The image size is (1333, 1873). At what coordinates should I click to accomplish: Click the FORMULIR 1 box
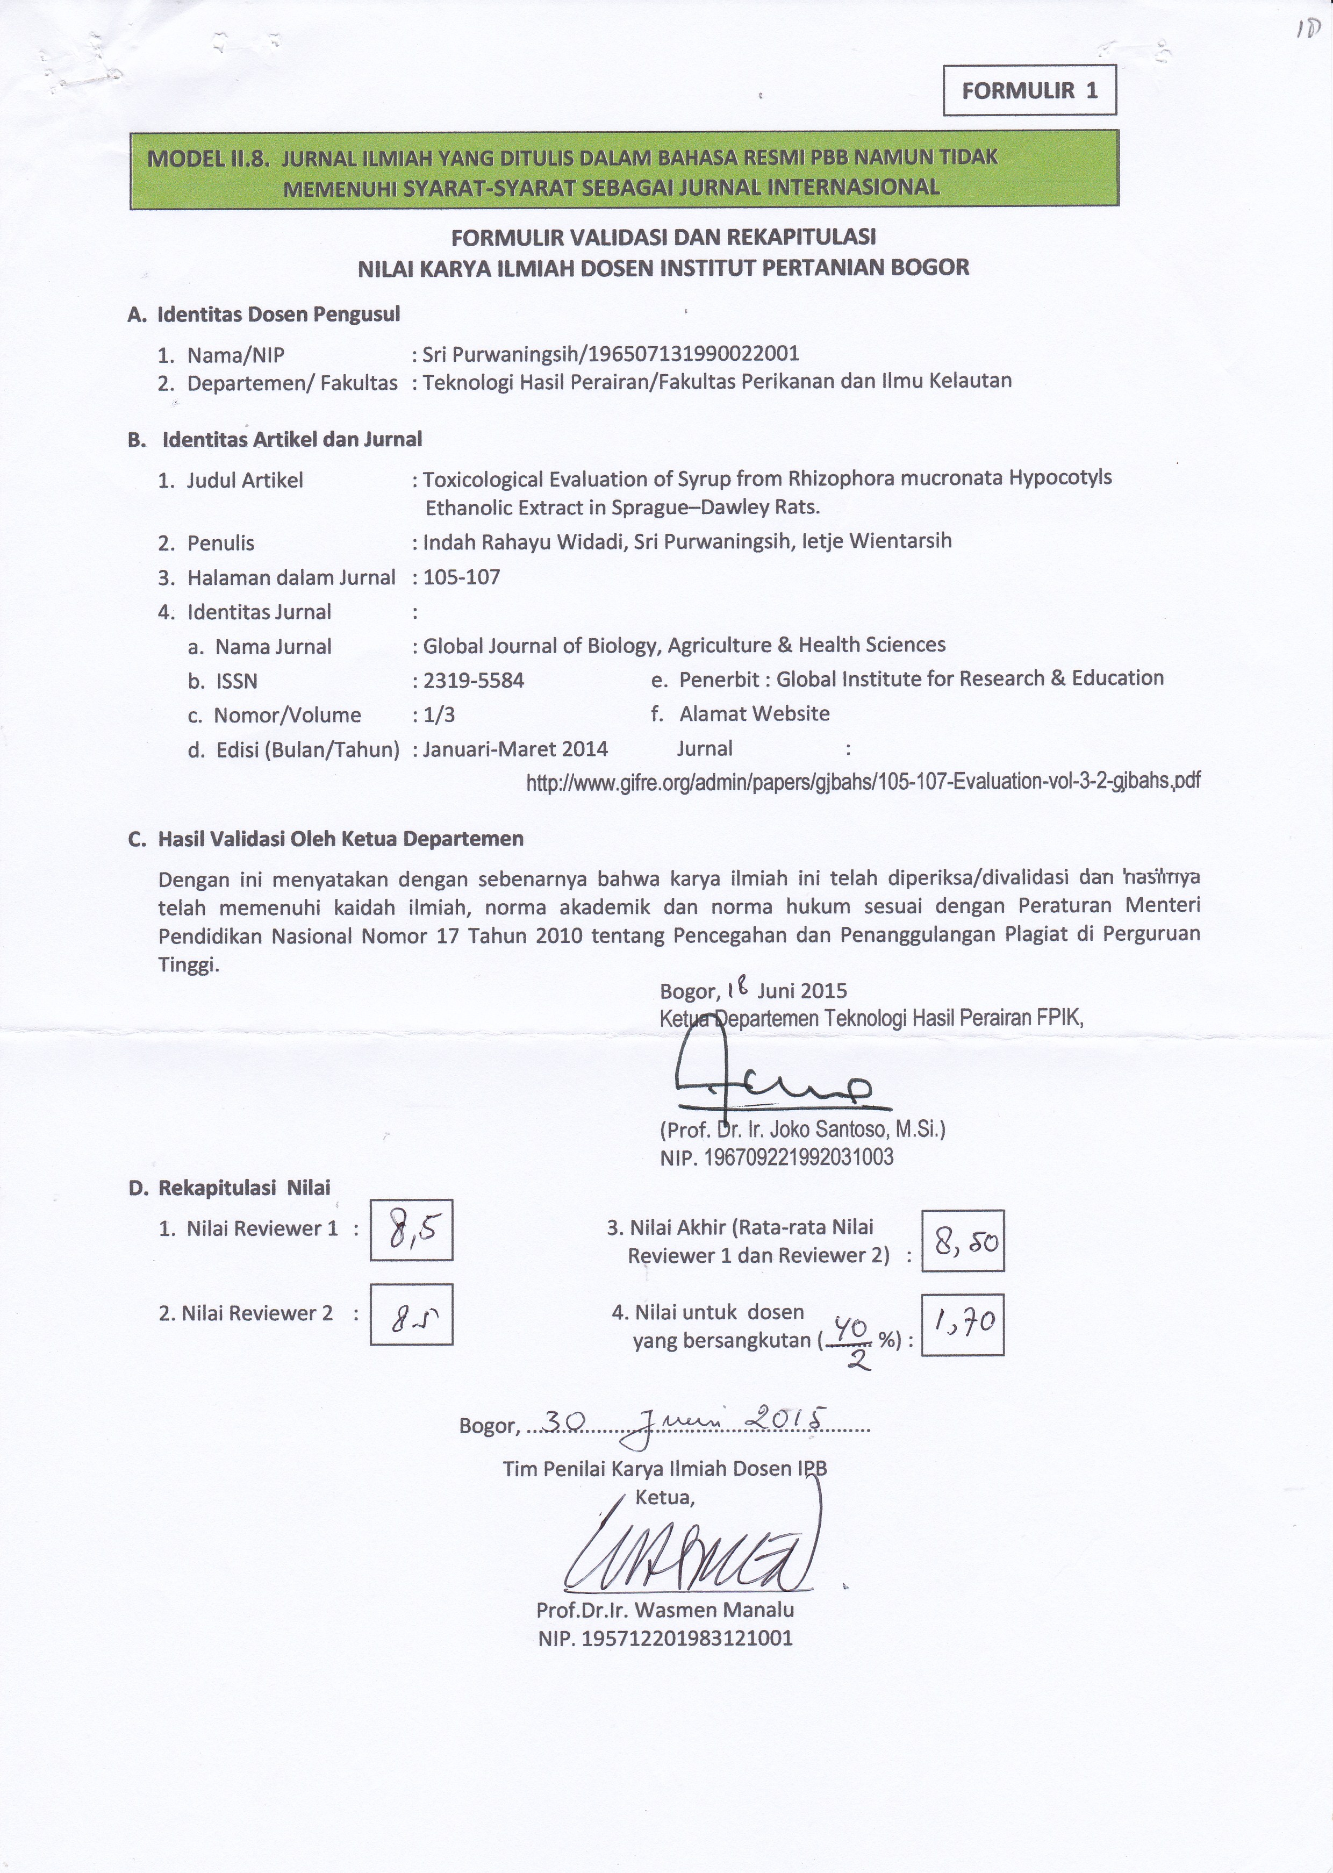(x=1029, y=90)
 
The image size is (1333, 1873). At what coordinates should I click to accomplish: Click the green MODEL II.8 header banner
(x=624, y=170)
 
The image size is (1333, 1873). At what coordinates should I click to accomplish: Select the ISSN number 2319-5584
(x=473, y=681)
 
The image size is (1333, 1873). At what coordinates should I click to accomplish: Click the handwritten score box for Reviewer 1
(x=411, y=1229)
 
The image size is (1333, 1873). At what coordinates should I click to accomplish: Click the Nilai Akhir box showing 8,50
(x=962, y=1240)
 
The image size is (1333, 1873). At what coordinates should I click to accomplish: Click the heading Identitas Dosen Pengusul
(x=278, y=313)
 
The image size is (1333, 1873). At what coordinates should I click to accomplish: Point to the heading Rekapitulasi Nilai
(x=244, y=1187)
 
